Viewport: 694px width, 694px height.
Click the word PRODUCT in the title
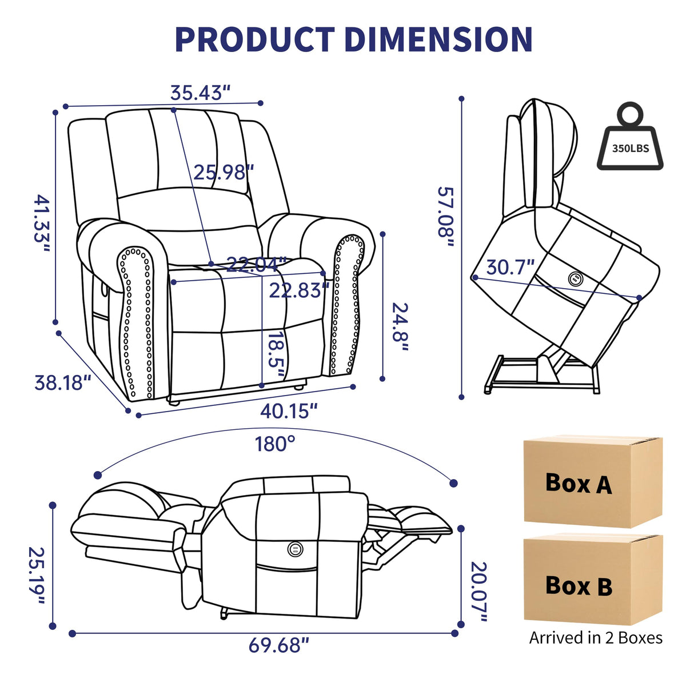(254, 39)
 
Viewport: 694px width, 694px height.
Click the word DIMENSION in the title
(439, 39)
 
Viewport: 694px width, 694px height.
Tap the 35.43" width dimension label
(200, 93)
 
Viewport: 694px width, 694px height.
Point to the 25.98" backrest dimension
(223, 172)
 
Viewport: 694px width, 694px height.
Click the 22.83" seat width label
(299, 290)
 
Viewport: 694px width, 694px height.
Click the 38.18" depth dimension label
(63, 382)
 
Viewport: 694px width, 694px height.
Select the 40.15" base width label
(289, 410)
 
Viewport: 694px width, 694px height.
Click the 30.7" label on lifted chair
(510, 267)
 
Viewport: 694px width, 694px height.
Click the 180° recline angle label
(275, 444)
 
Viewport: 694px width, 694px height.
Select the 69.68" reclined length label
(278, 645)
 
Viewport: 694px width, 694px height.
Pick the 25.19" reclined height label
(37, 578)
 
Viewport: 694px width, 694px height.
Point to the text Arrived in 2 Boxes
(596, 638)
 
